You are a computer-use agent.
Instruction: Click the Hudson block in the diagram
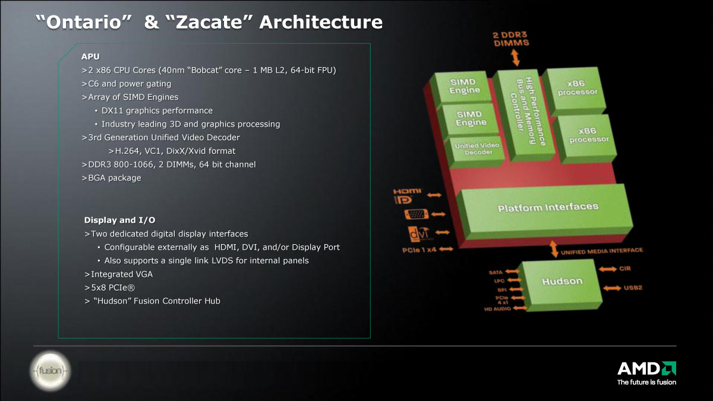562,284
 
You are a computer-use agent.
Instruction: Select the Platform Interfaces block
545,211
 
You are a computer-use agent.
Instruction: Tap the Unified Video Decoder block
476,151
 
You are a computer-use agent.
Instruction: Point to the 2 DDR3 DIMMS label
511,39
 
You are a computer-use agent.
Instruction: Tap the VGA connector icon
416,214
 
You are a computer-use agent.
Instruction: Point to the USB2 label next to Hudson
633,288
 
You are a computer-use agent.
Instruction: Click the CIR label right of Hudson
625,269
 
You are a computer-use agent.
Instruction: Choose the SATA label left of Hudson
496,273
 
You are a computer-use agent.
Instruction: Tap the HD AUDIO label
497,309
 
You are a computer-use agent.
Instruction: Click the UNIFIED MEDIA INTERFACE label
601,251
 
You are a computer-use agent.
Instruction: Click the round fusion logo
51,371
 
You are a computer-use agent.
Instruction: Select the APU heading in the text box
90,56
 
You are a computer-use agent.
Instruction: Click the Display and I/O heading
119,220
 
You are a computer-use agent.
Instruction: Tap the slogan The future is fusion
646,382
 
